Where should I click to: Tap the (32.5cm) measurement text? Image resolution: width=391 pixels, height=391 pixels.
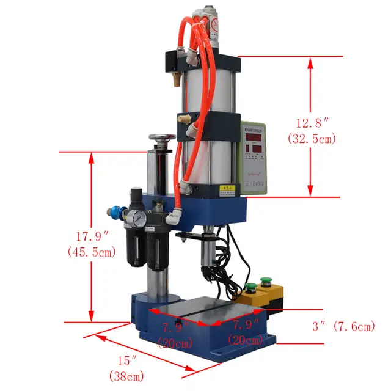(312, 139)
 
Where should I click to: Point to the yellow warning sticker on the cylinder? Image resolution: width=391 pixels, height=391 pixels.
(227, 188)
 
